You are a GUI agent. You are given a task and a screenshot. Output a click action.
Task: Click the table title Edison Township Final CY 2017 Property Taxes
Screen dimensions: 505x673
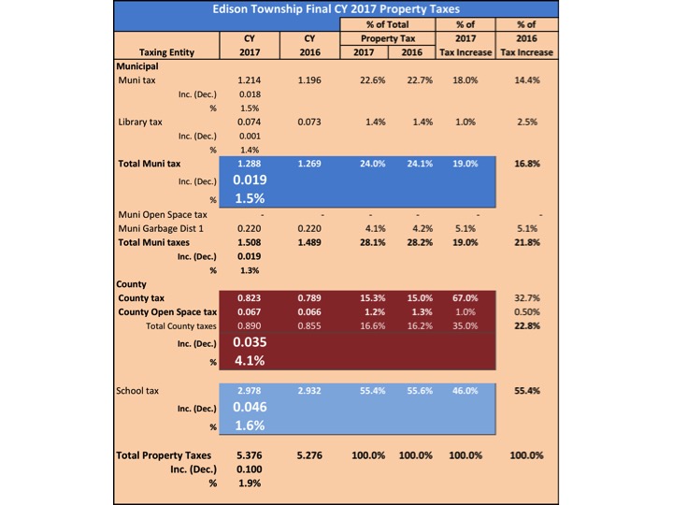click(x=336, y=10)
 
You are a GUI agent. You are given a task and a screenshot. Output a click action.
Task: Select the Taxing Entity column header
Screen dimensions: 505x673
click(x=166, y=52)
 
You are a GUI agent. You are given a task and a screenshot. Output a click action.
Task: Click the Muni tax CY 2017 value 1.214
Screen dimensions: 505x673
click(x=249, y=81)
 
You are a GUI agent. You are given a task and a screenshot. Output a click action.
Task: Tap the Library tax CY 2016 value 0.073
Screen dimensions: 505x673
click(x=309, y=123)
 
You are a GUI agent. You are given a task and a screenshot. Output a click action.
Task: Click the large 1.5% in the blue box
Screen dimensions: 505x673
click(x=249, y=198)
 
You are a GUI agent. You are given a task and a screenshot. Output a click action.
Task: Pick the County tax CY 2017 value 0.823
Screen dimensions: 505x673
click(x=249, y=296)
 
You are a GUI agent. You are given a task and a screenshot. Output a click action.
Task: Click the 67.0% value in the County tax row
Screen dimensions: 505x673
click(x=465, y=296)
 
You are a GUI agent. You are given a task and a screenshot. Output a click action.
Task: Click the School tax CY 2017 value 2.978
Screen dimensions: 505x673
click(x=249, y=390)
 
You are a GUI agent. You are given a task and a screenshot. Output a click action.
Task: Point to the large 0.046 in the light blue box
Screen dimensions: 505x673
click(x=249, y=408)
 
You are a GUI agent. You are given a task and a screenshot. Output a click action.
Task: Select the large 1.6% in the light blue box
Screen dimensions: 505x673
click(x=249, y=426)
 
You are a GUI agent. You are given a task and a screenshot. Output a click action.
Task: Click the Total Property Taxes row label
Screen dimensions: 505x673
click(x=164, y=455)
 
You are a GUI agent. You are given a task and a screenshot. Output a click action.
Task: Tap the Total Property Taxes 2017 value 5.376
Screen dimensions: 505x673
click(x=249, y=455)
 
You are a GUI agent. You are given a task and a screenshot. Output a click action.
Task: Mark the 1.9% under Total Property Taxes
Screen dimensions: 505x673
click(x=249, y=483)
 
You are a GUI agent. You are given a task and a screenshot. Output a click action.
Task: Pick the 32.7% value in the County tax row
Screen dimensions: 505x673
click(x=528, y=296)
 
